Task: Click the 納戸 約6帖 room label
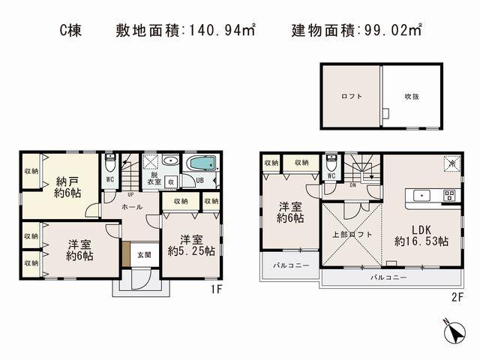click(x=67, y=186)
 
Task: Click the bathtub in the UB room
click(x=200, y=164)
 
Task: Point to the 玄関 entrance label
click(x=144, y=255)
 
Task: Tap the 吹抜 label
click(x=412, y=97)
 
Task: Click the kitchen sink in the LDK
click(x=420, y=196)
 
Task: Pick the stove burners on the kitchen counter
click(x=448, y=196)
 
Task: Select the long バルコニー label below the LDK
click(x=389, y=277)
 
